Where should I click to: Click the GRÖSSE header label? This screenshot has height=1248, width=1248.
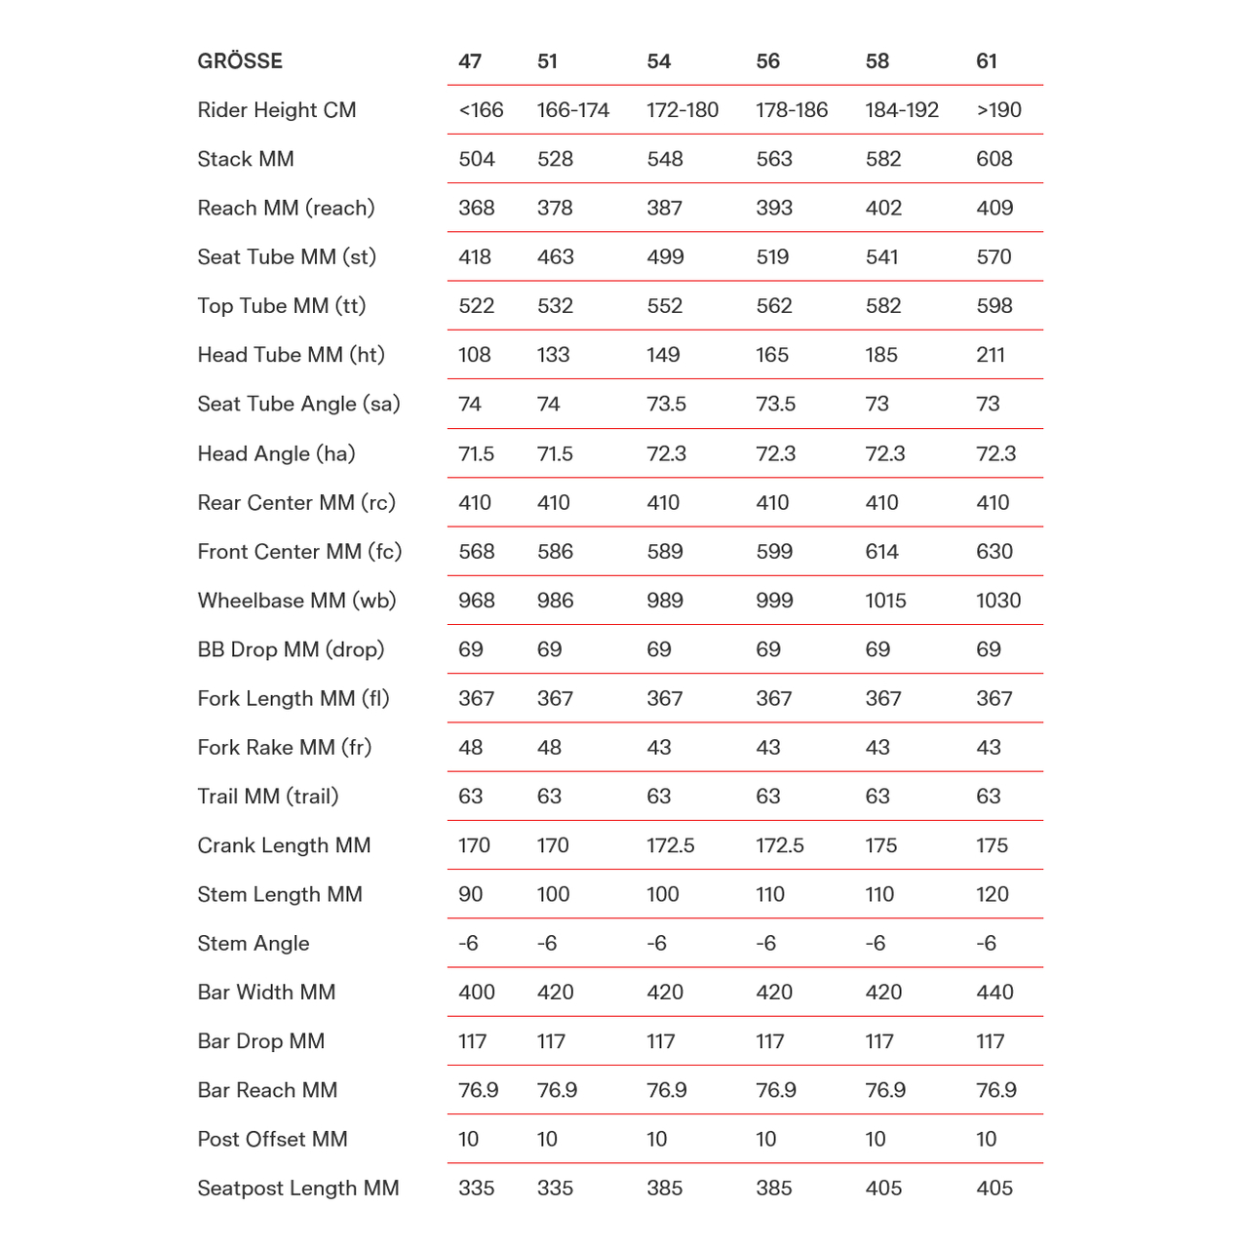pyautogui.click(x=240, y=61)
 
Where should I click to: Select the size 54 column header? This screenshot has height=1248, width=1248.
pyautogui.click(x=659, y=61)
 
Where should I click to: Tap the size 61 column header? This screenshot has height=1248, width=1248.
pyautogui.click(x=987, y=61)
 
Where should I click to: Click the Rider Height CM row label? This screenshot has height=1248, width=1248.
pyautogui.click(x=277, y=110)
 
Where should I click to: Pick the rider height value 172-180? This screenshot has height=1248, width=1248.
pyautogui.click(x=682, y=110)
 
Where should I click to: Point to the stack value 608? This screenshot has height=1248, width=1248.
pyautogui.click(x=994, y=159)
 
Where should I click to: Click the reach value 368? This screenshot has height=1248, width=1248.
pyautogui.click(x=477, y=208)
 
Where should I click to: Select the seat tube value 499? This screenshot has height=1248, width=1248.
pyautogui.click(x=665, y=257)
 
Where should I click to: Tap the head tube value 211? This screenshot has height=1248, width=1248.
pyautogui.click(x=991, y=355)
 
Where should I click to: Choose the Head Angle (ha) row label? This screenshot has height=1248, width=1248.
pyautogui.click(x=276, y=453)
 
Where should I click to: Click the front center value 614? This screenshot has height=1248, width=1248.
pyautogui.click(x=881, y=552)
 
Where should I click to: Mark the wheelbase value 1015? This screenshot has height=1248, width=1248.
pyautogui.click(x=885, y=601)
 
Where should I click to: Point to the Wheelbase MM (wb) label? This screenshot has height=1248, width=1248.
pyautogui.click(x=296, y=601)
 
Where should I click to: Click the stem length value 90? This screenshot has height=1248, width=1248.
pyautogui.click(x=470, y=894)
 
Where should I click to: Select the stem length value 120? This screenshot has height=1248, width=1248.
pyautogui.click(x=993, y=894)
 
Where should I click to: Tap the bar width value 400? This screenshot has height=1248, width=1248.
pyautogui.click(x=477, y=993)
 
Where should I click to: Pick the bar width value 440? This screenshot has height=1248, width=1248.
pyautogui.click(x=994, y=993)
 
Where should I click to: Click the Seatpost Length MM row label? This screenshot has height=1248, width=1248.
pyautogui.click(x=298, y=1189)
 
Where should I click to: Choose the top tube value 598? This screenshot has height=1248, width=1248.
pyautogui.click(x=994, y=306)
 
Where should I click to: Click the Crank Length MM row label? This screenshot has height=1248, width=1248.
pyautogui.click(x=284, y=845)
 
